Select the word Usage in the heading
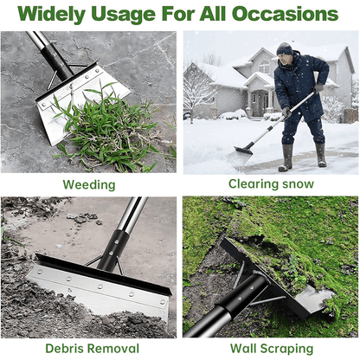137,15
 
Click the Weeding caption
88,184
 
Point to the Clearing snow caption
271,184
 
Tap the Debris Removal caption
88,348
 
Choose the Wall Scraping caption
271,348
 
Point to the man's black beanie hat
285,48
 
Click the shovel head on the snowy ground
243,150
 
